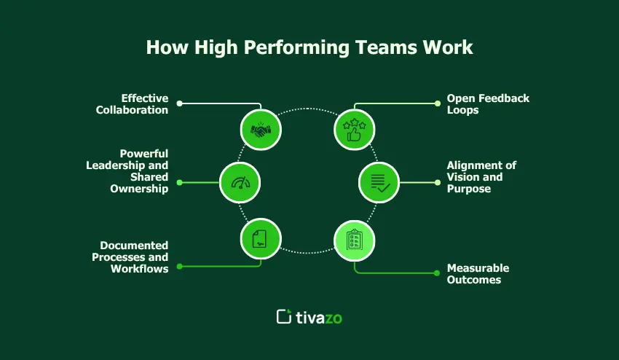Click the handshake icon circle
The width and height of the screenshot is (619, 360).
pos(261,130)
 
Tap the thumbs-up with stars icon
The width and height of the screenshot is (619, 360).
pos(355,130)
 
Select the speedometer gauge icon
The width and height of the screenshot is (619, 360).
pos(240,182)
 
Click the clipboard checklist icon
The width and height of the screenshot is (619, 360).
pos(355,240)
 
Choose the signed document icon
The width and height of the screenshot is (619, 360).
pos(261,240)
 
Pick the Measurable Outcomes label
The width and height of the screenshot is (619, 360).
pos(478,274)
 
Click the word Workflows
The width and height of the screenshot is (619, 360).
pos(139,268)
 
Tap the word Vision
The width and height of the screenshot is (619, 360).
pos(465,177)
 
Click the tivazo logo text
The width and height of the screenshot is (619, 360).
pos(320,316)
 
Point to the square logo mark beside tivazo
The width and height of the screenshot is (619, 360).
pos(284,316)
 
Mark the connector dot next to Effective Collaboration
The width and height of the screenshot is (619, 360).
pos(180,103)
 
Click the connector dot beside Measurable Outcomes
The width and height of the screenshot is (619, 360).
pos(437,274)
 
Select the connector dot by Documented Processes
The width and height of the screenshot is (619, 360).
pos(180,267)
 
